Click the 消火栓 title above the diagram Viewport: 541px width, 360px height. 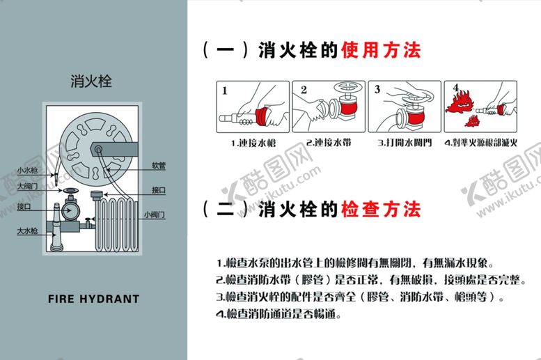click(x=91, y=81)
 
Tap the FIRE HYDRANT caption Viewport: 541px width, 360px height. click(x=94, y=299)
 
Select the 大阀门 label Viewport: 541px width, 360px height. click(x=28, y=185)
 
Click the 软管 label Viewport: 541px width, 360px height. click(x=158, y=166)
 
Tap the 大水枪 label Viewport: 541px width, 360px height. click(x=28, y=230)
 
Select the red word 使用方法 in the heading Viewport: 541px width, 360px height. click(x=381, y=50)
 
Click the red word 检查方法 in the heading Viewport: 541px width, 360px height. click(x=381, y=209)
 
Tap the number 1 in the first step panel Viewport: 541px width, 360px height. click(x=225, y=90)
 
